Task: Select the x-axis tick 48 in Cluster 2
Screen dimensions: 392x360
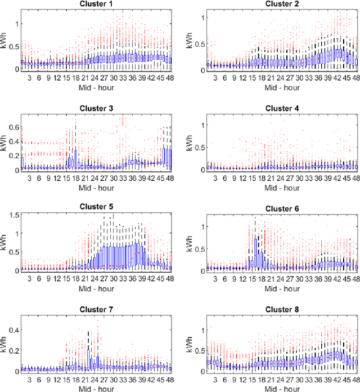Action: pos(353,77)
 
